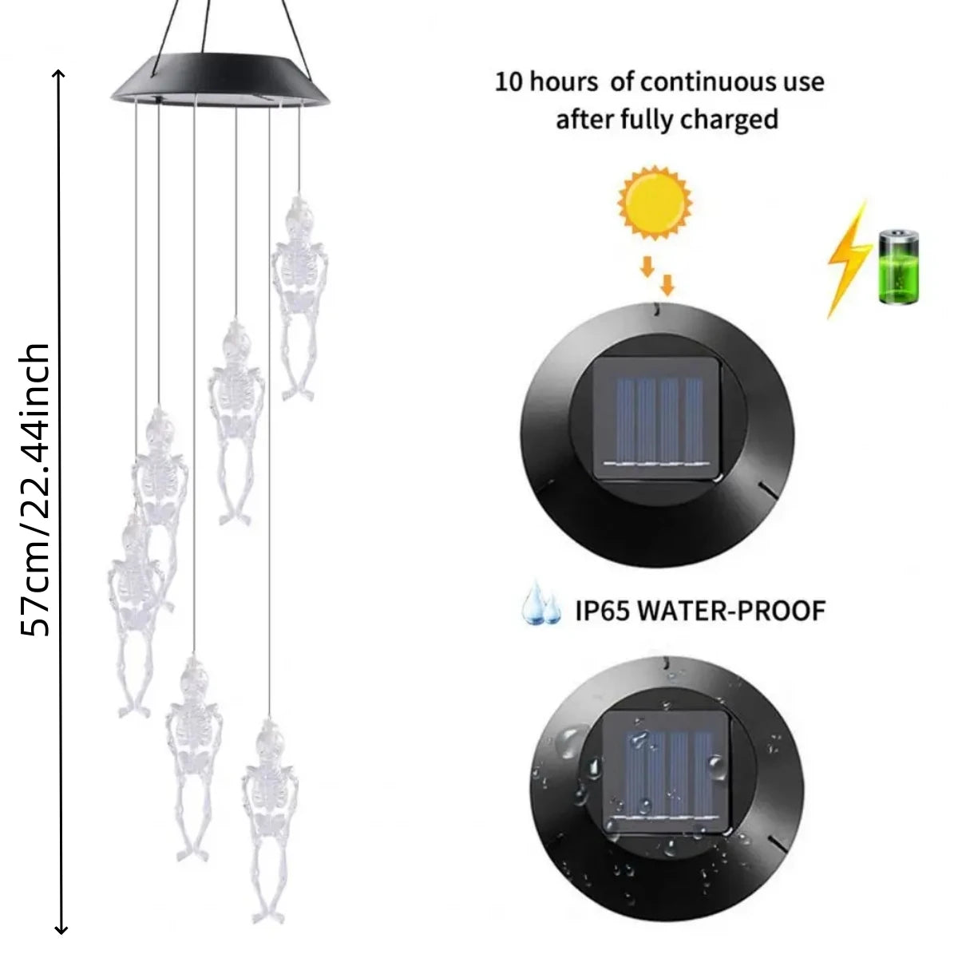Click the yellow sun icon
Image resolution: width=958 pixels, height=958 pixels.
coord(655,204)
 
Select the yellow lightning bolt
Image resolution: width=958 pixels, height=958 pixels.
coord(849,259)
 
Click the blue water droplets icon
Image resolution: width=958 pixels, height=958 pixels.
coord(541,603)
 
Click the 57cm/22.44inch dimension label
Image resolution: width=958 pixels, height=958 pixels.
coord(35,489)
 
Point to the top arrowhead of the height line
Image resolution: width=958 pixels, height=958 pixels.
coord(60,73)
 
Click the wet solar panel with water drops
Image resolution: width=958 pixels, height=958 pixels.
coord(667,774)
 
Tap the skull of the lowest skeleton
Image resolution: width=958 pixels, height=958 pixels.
coord(270,738)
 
